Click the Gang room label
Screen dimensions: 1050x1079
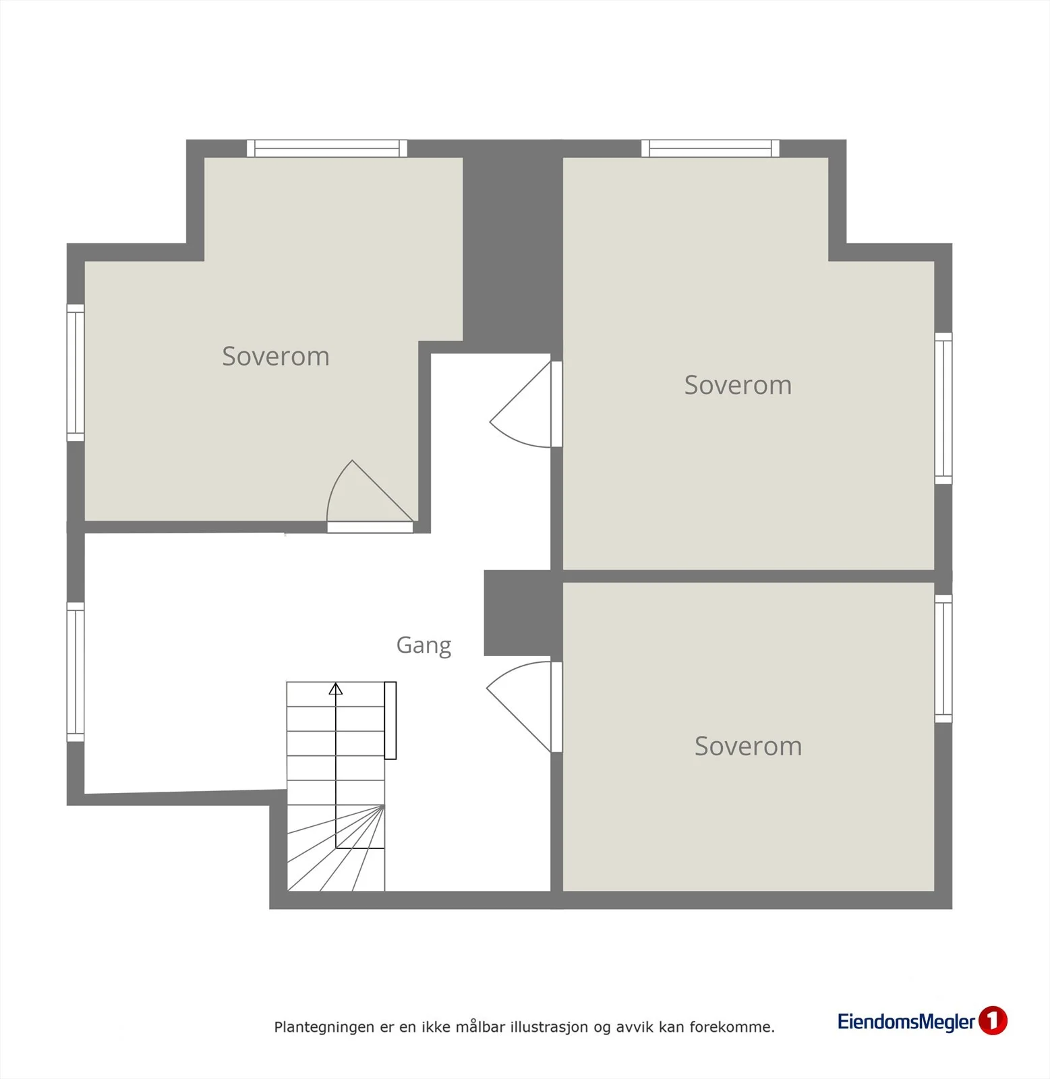coord(424,645)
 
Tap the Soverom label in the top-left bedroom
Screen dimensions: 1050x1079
coord(276,356)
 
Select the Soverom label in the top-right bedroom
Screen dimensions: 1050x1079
coord(738,385)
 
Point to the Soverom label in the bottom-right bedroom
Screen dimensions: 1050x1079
coord(749,746)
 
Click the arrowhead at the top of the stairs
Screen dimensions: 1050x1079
coord(336,688)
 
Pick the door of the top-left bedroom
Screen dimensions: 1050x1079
coord(370,496)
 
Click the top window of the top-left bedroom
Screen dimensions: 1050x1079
coord(327,148)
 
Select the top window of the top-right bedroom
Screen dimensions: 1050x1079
coord(710,148)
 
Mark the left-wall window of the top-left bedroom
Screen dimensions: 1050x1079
coord(76,372)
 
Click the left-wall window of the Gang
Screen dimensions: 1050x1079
coord(76,672)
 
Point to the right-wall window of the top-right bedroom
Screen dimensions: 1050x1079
coord(943,408)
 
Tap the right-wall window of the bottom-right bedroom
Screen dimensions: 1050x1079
coord(943,658)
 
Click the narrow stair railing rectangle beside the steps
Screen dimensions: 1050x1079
coord(390,720)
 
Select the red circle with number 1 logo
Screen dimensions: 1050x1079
coord(993,1020)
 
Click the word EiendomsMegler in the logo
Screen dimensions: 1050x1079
coord(906,1022)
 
